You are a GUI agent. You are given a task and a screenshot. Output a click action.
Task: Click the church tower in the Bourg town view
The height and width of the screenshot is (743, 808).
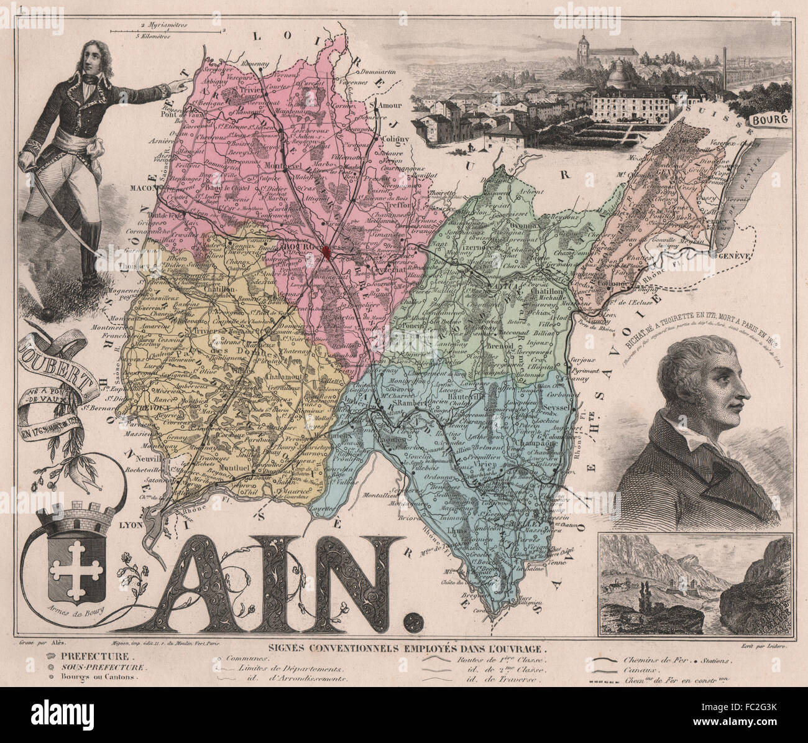(x=582, y=48)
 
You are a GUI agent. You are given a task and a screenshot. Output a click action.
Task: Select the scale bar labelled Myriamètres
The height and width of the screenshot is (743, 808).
(x=165, y=29)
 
